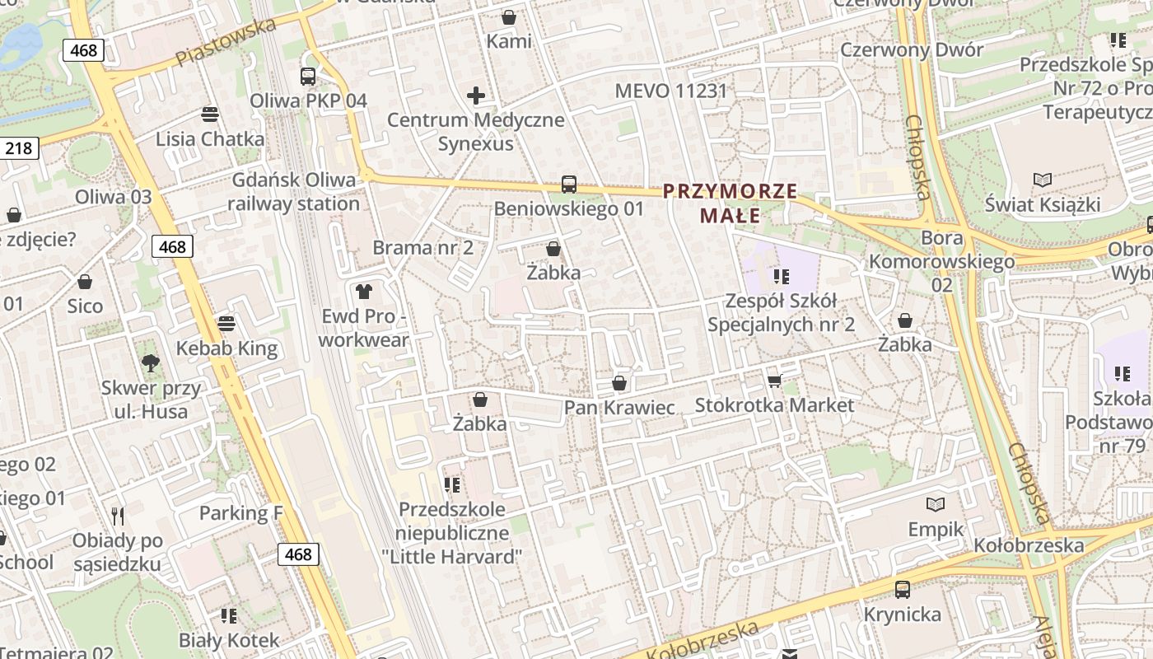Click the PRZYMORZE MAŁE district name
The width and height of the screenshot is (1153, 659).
pos(730,203)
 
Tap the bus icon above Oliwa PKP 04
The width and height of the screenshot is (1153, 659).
pos(308,77)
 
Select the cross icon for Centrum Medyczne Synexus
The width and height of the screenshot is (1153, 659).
pos(476,96)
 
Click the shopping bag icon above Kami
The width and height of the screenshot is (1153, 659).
pos(509,16)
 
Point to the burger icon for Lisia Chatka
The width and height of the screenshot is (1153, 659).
pos(210,114)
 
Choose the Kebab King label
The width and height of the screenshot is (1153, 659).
pos(226,348)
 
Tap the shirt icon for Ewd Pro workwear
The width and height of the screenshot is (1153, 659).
pos(363,291)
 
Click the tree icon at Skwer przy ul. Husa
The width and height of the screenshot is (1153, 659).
pos(150,362)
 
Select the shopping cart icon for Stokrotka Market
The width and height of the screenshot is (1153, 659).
pos(774,380)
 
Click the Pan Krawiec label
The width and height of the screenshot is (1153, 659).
pos(619,408)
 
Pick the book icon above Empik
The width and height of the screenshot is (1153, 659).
pos(936,504)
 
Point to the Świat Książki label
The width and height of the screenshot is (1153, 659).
pos(1043,203)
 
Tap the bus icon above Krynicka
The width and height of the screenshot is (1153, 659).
pos(903,590)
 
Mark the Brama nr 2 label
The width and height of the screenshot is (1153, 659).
pos(423,247)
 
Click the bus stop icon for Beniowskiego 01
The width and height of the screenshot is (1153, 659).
pos(568,185)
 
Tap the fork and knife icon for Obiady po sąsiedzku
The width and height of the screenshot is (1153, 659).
pos(118,516)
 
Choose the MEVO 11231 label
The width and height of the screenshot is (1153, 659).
pos(671,91)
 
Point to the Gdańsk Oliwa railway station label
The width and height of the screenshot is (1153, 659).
pos(295,191)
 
